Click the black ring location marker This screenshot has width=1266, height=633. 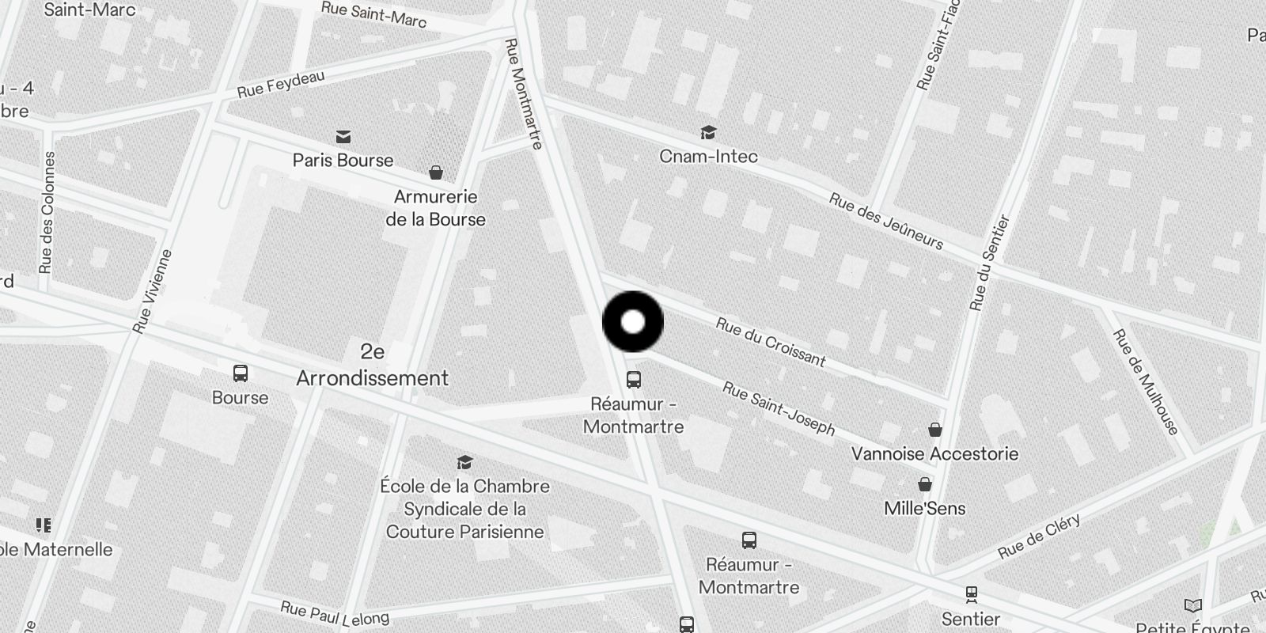coord(633,322)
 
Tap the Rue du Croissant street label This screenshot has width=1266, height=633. coord(770,343)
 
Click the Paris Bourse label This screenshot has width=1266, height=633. coord(343,161)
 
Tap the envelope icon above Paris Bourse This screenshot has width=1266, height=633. coord(343,137)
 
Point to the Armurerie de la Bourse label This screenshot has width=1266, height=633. coord(435,208)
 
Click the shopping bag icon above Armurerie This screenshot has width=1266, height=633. coord(435,172)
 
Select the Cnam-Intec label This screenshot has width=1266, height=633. coord(708,157)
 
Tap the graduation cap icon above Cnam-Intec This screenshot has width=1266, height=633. coord(708,132)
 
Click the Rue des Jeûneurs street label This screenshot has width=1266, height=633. coord(886,221)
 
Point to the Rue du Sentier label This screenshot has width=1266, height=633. coord(990,263)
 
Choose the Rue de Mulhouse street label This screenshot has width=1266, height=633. coord(1146,382)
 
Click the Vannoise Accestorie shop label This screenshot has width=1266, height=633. coord(934,454)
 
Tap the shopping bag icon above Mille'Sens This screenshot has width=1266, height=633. coord(924,484)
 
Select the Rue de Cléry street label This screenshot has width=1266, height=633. coord(1039,536)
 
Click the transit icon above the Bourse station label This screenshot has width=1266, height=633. coord(240,373)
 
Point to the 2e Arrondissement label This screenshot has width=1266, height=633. coord(372,365)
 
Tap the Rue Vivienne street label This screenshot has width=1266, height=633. coord(153,291)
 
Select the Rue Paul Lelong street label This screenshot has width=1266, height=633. coord(335,613)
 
